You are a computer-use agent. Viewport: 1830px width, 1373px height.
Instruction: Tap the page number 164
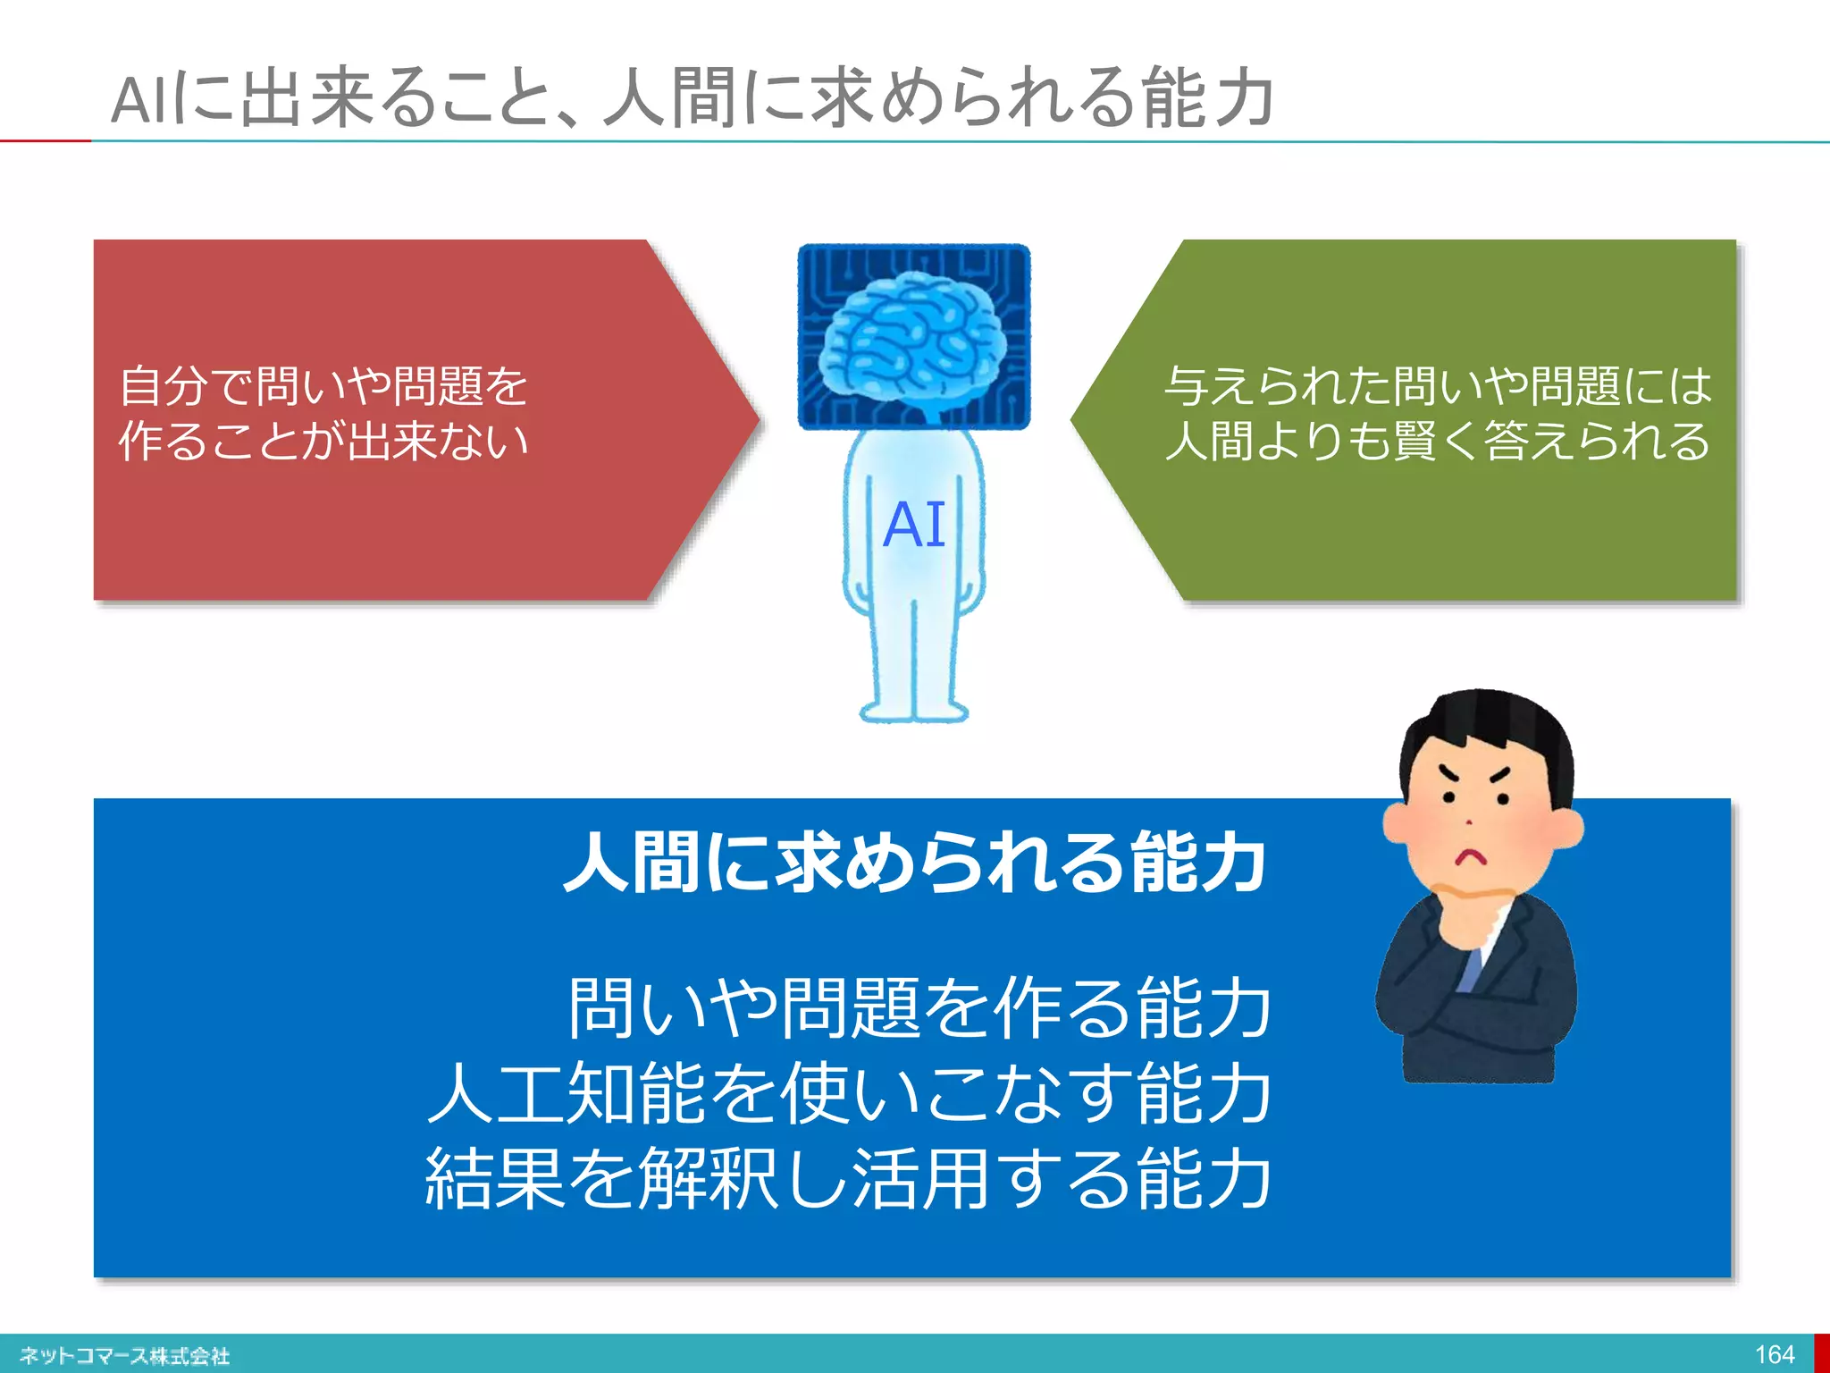(1774, 1354)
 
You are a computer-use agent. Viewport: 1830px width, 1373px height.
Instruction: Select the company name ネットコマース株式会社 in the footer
(125, 1356)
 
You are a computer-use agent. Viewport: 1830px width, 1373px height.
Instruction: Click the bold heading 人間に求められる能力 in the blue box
(913, 863)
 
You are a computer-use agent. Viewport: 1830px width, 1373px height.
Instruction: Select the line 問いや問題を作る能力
(919, 1008)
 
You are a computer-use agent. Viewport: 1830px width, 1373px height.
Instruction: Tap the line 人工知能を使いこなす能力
(849, 1093)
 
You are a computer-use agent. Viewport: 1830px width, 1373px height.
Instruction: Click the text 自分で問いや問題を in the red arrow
(323, 386)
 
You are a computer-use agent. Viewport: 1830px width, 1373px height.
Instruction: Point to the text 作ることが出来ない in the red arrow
(323, 441)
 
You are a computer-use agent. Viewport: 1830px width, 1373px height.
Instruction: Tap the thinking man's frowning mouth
(1470, 856)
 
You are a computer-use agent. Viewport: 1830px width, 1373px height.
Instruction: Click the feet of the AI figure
(913, 712)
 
